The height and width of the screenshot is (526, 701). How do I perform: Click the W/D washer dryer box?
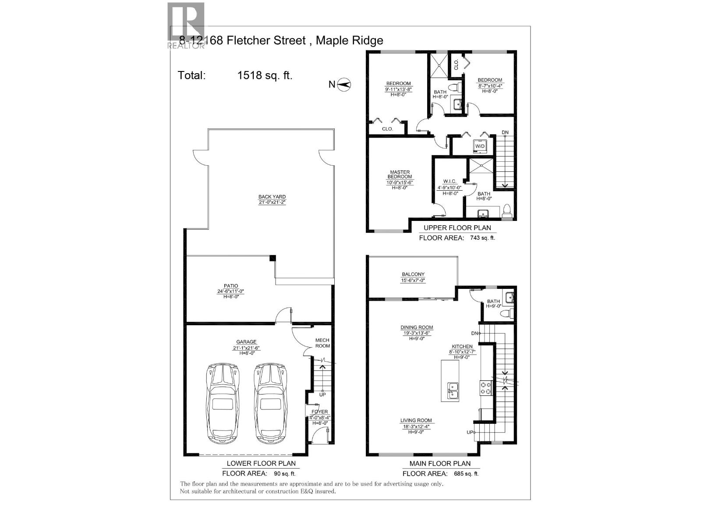(x=480, y=146)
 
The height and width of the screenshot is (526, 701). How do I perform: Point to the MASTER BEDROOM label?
(x=399, y=174)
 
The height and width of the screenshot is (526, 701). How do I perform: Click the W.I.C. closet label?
(x=450, y=181)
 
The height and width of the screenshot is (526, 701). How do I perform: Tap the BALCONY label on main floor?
(x=413, y=274)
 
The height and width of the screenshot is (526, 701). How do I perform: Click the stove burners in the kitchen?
(x=486, y=388)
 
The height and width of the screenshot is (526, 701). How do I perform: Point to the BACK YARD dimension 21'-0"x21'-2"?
(x=272, y=203)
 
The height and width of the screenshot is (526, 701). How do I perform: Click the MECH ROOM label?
(x=322, y=343)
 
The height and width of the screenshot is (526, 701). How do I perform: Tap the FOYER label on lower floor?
(x=319, y=412)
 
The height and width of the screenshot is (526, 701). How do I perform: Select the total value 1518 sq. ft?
(x=265, y=75)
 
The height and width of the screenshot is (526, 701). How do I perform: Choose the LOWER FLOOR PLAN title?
(x=261, y=463)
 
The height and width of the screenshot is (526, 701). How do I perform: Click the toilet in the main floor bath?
(x=508, y=313)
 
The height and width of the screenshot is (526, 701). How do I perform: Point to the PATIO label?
(x=230, y=286)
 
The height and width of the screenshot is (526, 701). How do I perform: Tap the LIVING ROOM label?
(x=416, y=420)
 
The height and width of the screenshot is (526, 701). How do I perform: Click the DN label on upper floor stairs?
(x=505, y=132)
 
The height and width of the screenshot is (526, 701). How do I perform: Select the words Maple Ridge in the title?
(x=349, y=41)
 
